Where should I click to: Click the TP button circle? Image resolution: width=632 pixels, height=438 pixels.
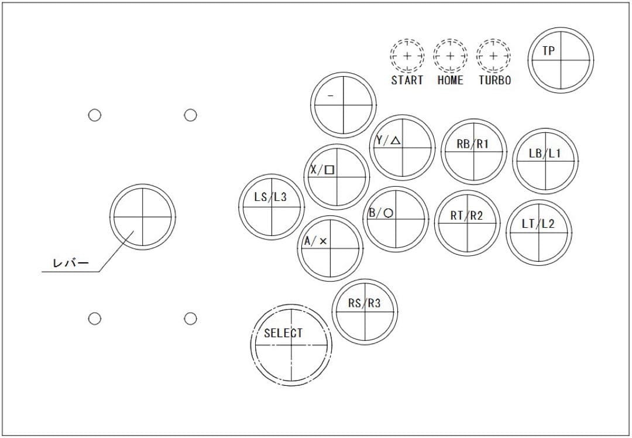pyautogui.click(x=561, y=60)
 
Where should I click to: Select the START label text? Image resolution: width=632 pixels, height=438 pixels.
pyautogui.click(x=407, y=81)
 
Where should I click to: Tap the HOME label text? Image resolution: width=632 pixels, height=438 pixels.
pyautogui.click(x=450, y=81)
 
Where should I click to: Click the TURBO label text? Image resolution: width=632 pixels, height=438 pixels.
pyautogui.click(x=494, y=81)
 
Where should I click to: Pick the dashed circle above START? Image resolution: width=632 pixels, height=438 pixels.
pyautogui.click(x=407, y=56)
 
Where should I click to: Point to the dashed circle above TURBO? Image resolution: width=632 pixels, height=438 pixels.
pyautogui.click(x=493, y=56)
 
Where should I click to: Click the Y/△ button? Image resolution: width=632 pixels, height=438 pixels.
pyautogui.click(x=402, y=148)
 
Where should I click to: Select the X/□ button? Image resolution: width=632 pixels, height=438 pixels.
pyautogui.click(x=336, y=177)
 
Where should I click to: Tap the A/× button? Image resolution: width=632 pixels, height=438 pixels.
pyautogui.click(x=330, y=248)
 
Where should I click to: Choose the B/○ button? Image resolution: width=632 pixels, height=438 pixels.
pyautogui.click(x=396, y=220)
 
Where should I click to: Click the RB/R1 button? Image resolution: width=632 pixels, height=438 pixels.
pyautogui.click(x=473, y=151)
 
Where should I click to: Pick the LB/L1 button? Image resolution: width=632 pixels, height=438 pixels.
pyautogui.click(x=545, y=161)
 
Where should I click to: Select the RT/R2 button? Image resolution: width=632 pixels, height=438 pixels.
pyautogui.click(x=467, y=223)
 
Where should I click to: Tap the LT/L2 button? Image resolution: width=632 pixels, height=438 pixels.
pyautogui.click(x=538, y=232)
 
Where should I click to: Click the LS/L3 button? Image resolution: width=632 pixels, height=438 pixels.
pyautogui.click(x=271, y=206)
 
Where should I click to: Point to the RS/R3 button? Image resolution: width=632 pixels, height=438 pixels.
pyautogui.click(x=364, y=312)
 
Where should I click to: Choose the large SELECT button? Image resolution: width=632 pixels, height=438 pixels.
pyautogui.click(x=291, y=345)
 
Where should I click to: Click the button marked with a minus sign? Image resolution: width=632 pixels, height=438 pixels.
pyautogui.click(x=343, y=105)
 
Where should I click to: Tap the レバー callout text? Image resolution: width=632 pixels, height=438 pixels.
pyautogui.click(x=71, y=264)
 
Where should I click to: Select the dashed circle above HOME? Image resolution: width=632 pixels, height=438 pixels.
pyautogui.click(x=450, y=56)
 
